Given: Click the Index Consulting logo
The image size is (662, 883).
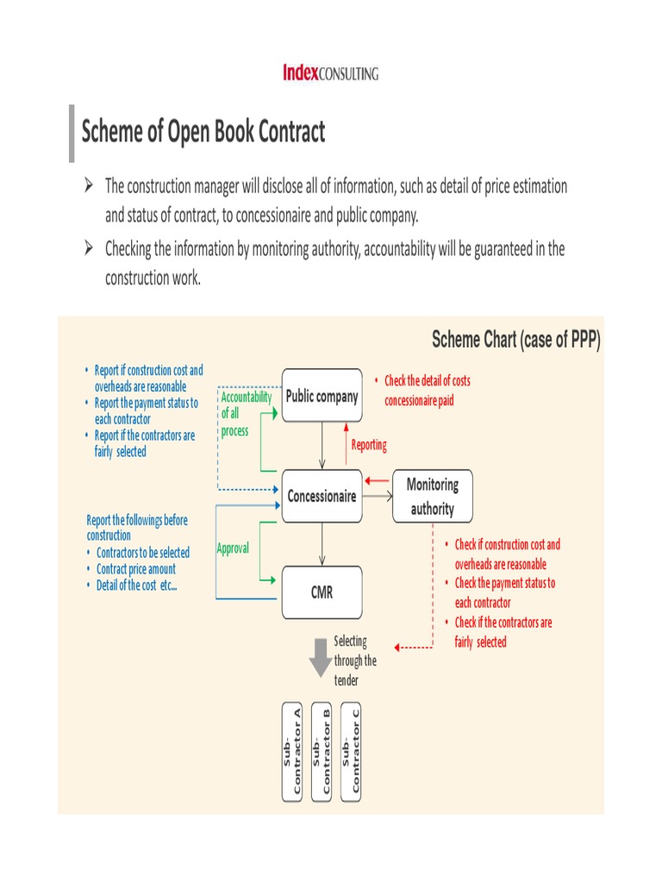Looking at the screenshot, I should pos(330,73).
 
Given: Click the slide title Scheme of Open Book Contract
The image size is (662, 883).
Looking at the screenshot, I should pos(203,132).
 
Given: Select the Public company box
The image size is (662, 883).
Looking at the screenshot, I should pos(322,397).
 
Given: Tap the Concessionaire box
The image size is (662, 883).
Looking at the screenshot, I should pos(322,497).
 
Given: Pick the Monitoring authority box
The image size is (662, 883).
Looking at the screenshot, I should pos(432,497).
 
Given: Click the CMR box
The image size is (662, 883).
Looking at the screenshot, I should pos(322,592).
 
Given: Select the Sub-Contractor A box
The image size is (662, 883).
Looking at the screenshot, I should pos(292,751).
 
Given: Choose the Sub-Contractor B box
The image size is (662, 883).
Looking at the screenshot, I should pos(322,751).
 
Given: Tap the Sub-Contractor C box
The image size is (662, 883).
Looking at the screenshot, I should pos(351,751).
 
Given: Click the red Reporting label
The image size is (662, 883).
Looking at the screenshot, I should pos(369,445).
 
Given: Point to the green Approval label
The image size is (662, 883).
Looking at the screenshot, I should pos(233,548).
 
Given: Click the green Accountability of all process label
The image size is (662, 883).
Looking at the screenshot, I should pos(245,414).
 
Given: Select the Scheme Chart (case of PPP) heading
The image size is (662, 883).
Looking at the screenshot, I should pos(515,340).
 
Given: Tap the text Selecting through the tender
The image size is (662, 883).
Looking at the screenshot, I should pos(354,661).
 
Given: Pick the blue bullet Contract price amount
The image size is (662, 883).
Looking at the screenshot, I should pos(135,569).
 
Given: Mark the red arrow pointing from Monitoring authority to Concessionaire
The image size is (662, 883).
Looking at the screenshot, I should pos(378,481).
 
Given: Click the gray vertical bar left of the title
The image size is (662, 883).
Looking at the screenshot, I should pos(72,133).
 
